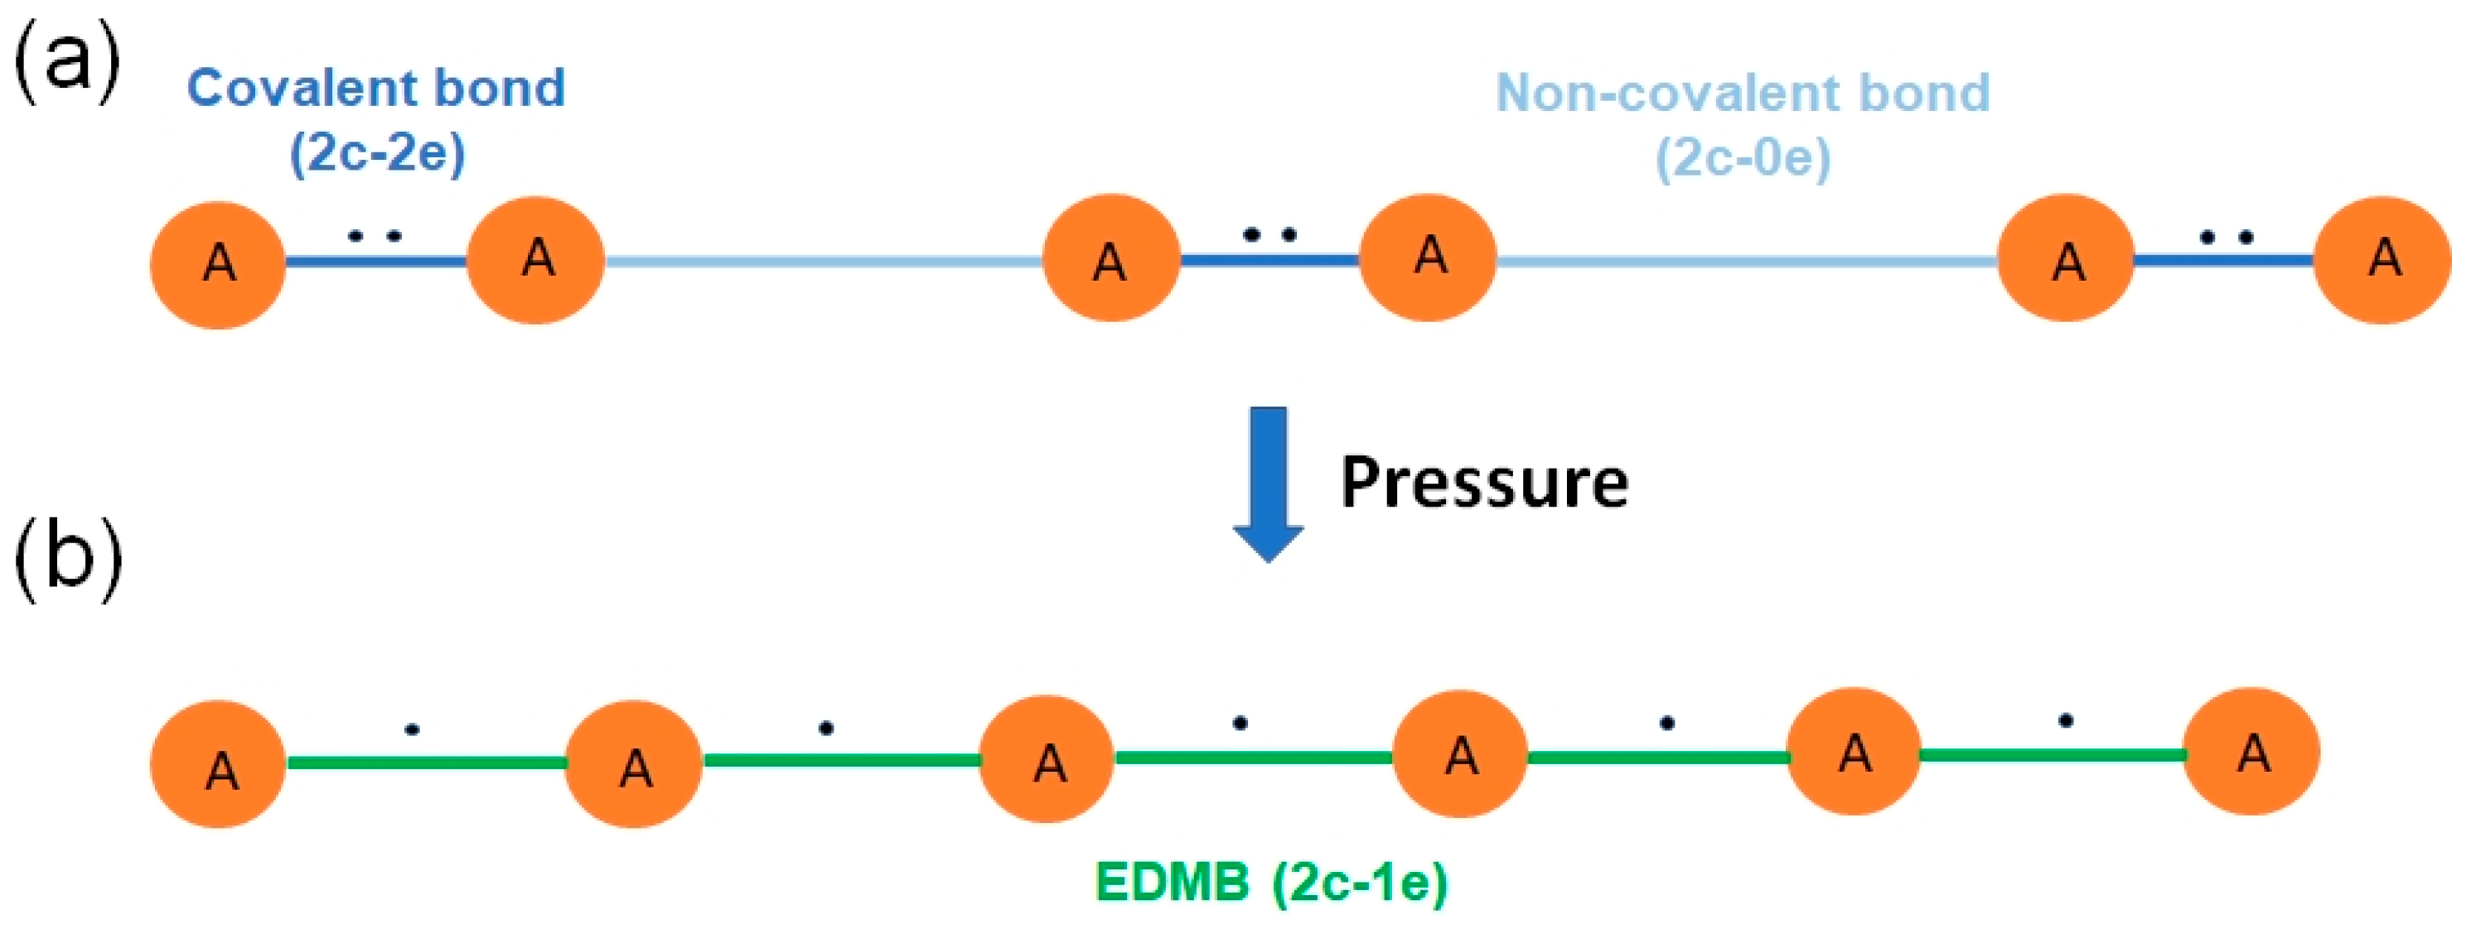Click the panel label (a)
coord(67,60)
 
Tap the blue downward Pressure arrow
coord(1267,484)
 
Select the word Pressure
coord(1484,482)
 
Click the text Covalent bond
coord(376,89)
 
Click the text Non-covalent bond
coord(1743,93)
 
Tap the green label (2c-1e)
coord(1359,882)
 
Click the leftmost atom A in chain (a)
coord(218,265)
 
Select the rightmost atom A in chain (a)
coord(2384,260)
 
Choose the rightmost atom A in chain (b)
coord(2252,752)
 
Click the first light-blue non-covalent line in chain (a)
coord(823,261)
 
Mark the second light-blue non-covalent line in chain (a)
coord(1746,260)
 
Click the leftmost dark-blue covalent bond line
coord(377,261)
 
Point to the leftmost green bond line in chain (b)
coord(427,763)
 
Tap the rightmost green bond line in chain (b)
coord(2053,755)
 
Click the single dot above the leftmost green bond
coord(412,729)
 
